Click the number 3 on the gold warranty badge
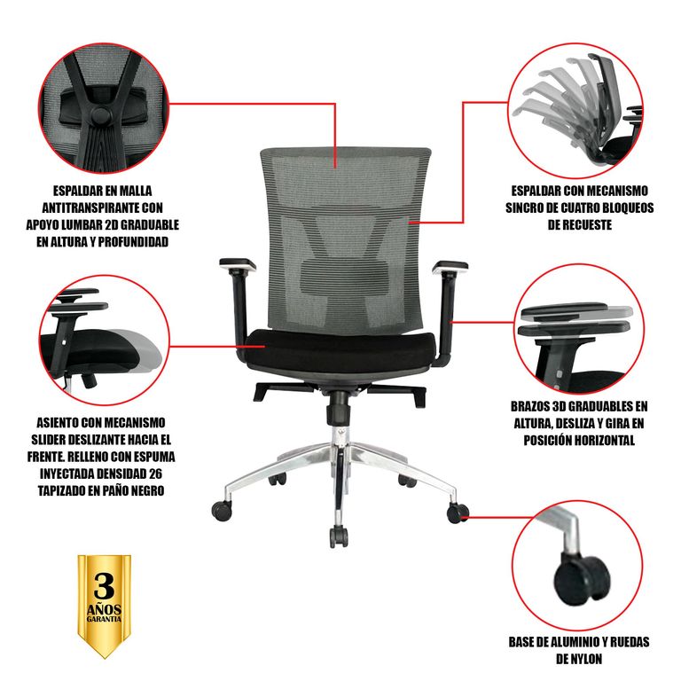click(x=105, y=586)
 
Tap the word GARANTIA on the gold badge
click(x=105, y=619)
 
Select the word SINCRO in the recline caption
click(x=526, y=207)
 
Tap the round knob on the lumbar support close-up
click(x=100, y=115)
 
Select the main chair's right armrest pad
click(x=450, y=267)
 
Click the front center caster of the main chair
click(x=339, y=536)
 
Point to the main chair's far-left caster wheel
click(x=222, y=511)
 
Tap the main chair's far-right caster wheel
click(x=458, y=513)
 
